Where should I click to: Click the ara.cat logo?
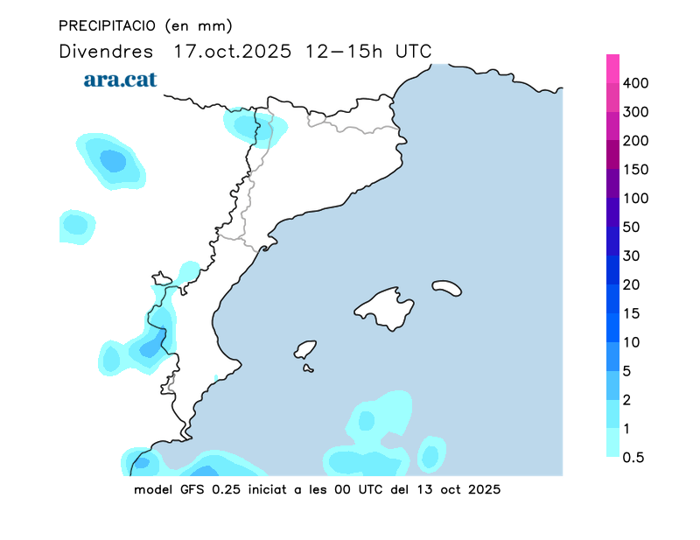120,80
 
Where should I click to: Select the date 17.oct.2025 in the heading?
233,51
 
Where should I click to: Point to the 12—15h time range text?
344,51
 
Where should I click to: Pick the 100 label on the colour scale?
635,199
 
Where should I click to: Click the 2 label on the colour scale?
627,400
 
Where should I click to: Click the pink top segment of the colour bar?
612,68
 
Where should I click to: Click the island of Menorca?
446,287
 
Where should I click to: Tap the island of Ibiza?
305,350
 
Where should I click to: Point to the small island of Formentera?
308,368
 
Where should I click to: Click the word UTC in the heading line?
413,51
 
